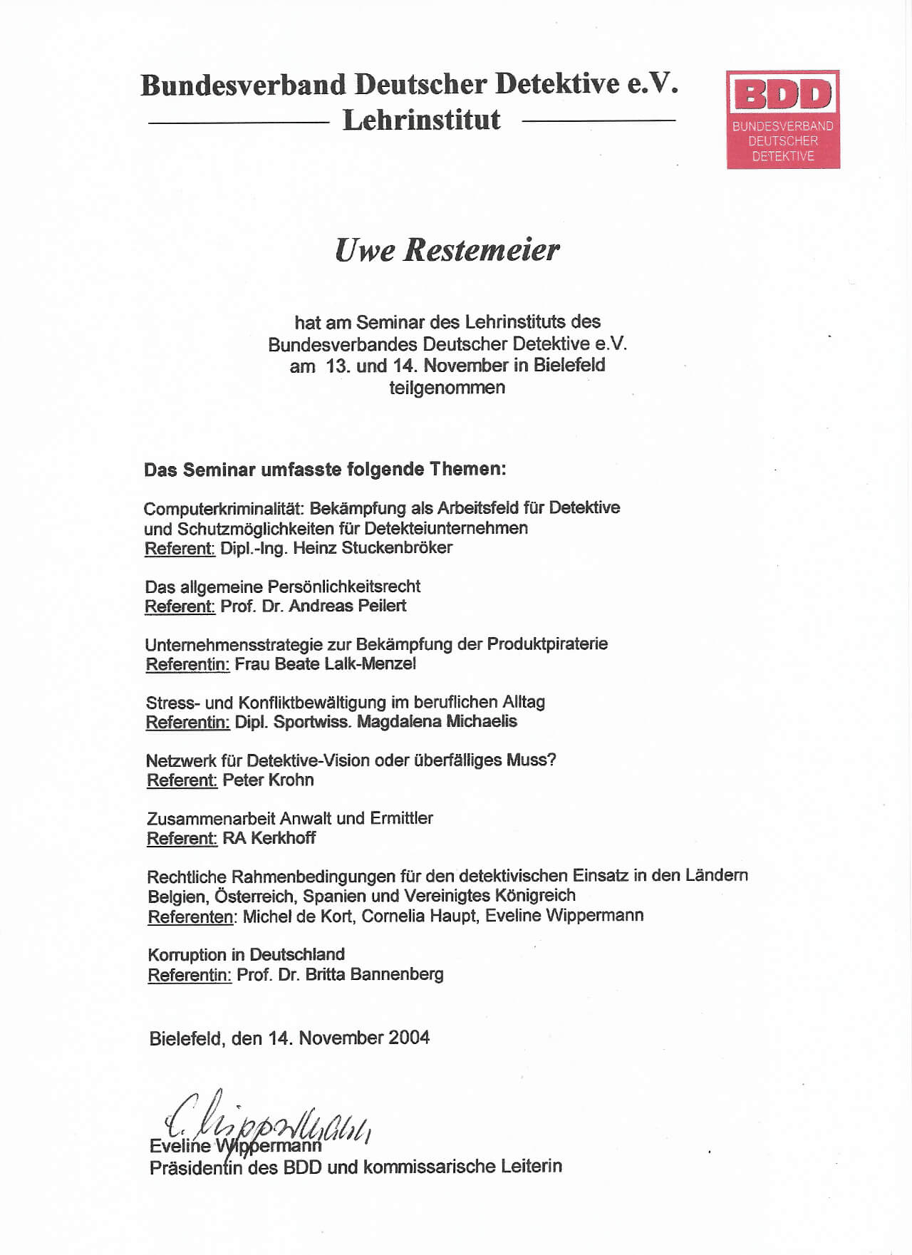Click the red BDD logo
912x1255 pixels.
click(783, 119)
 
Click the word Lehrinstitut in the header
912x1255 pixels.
click(422, 120)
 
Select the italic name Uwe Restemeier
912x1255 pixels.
click(447, 249)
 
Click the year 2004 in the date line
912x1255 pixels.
click(409, 1038)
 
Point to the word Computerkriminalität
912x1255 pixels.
click(224, 508)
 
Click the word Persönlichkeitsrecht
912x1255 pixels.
click(343, 587)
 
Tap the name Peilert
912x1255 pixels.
click(377, 606)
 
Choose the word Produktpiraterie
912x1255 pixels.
click(547, 644)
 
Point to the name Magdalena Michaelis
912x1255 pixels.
click(437, 721)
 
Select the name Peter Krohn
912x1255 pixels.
click(268, 780)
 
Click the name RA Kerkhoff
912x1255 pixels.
click(269, 838)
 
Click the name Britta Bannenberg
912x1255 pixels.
click(374, 974)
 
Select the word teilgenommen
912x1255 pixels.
click(447, 388)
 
